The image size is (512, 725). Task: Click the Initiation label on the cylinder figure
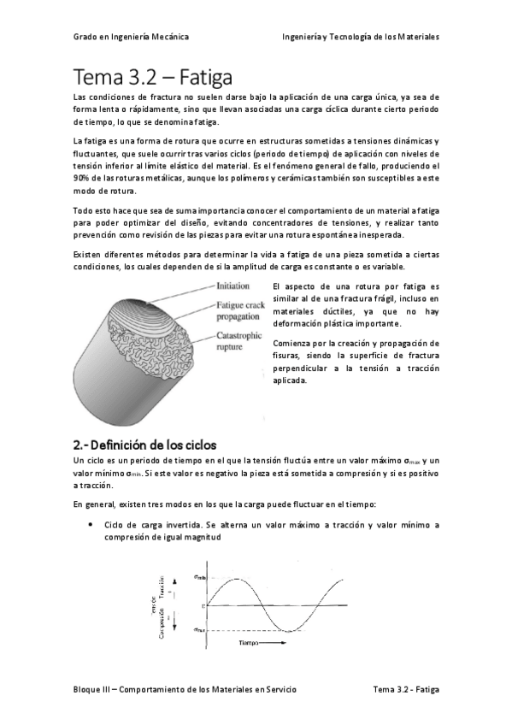click(234, 286)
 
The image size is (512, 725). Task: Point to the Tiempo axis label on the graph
click(248, 641)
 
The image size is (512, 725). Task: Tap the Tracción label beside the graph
click(162, 587)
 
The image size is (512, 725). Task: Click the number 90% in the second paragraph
click(83, 178)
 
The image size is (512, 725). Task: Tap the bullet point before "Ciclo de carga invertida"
click(90, 523)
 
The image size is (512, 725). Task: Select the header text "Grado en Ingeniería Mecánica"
click(131, 37)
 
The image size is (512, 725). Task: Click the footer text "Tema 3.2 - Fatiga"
click(406, 688)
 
